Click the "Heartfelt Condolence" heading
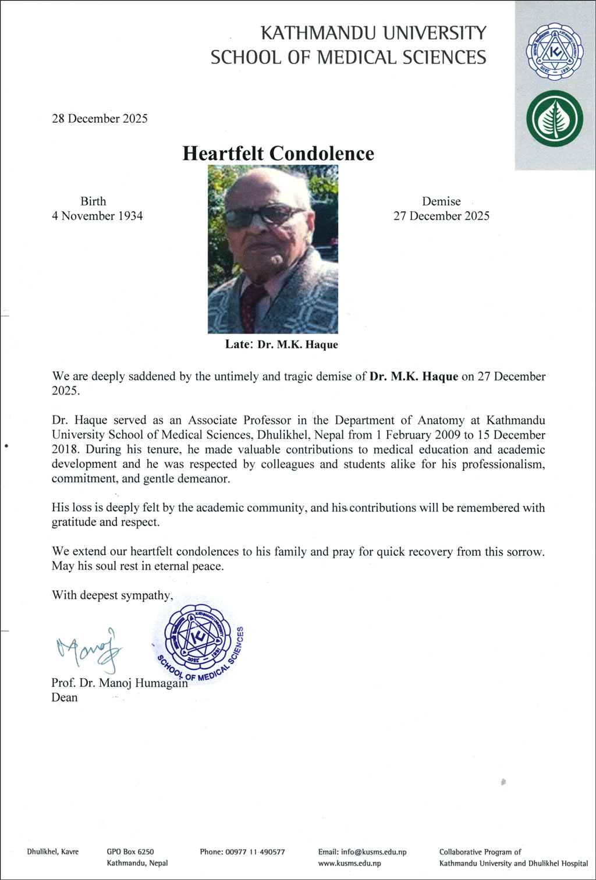click(278, 154)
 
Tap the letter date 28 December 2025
click(100, 119)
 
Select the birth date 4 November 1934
click(97, 216)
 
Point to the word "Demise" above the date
click(441, 201)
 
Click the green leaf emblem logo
click(554, 119)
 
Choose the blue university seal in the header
click(554, 52)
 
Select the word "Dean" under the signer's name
click(64, 697)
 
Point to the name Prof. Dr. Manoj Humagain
click(119, 683)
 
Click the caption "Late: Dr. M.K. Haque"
click(281, 345)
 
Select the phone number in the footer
click(242, 852)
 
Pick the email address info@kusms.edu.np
click(362, 852)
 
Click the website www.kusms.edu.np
click(349, 864)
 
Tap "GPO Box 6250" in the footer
click(130, 852)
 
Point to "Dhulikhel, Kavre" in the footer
click(52, 852)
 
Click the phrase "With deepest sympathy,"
click(112, 595)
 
